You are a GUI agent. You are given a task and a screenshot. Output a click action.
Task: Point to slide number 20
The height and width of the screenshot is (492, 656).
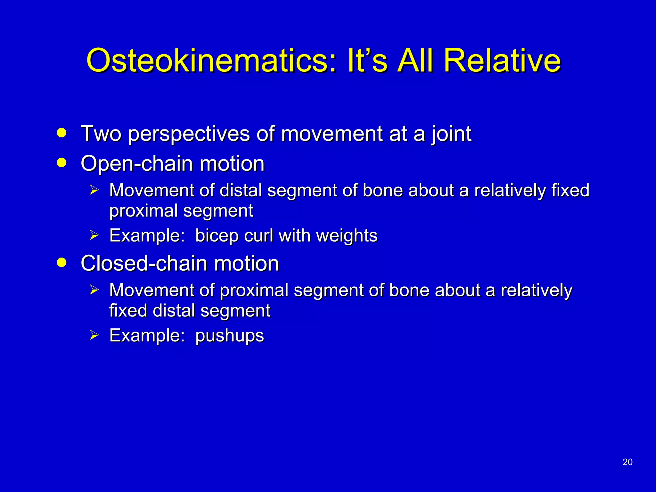[627, 462]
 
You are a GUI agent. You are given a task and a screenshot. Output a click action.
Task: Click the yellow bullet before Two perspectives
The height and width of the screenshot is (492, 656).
[61, 133]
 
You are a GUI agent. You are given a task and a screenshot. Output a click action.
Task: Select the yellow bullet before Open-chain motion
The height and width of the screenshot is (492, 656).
[61, 162]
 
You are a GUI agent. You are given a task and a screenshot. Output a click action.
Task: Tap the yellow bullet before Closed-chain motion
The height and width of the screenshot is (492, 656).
[61, 262]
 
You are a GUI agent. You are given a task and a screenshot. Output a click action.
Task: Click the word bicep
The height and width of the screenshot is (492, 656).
[217, 236]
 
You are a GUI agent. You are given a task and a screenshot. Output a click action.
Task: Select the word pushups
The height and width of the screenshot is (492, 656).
[229, 336]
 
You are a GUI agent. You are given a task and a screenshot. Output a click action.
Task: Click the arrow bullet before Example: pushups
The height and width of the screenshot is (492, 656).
[94, 335]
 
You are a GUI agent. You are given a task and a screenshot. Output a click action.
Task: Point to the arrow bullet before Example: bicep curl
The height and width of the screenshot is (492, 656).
[94, 235]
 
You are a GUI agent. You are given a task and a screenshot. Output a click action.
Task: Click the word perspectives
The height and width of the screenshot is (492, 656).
[189, 134]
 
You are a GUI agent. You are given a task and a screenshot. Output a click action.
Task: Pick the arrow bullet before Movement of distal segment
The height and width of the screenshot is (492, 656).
[94, 190]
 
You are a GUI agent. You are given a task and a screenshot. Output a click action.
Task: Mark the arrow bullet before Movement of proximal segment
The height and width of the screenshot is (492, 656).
[94, 290]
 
